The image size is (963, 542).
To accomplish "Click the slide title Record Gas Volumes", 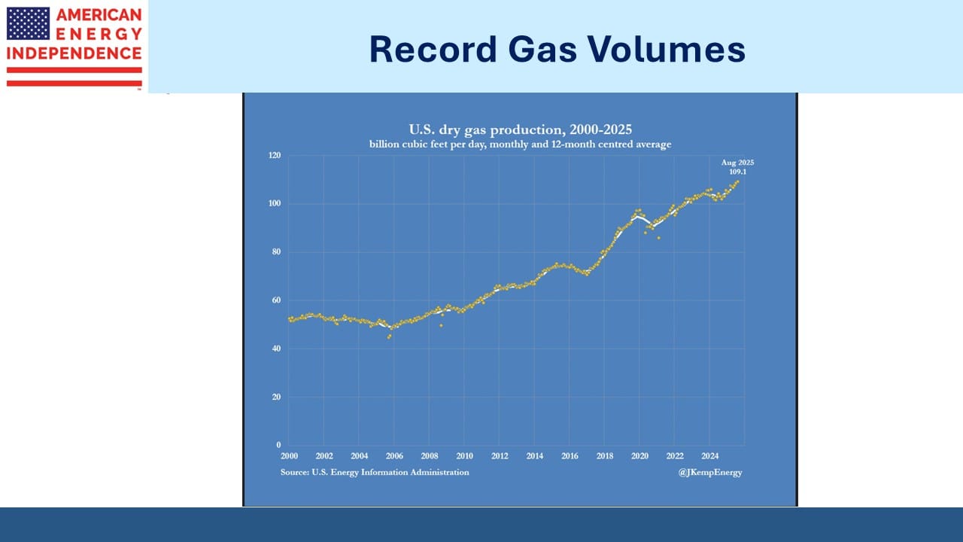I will coord(557,50).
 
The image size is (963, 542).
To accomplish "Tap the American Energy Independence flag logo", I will coord(29,23).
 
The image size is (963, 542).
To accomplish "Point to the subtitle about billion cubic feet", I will coord(520,144).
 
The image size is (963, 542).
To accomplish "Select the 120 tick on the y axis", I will coord(274,156).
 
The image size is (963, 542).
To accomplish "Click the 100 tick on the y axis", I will coord(274,204).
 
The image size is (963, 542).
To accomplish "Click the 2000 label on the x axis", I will coord(289,456).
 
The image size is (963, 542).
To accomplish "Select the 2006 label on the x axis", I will coord(394,456).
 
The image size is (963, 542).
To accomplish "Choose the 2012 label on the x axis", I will coord(500,456).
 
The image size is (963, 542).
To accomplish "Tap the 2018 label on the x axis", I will coord(604,456).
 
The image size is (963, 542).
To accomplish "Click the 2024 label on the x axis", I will coord(709,456).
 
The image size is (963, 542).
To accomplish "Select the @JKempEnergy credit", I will coord(710,472).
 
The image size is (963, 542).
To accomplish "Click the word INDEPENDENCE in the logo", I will coord(74,53).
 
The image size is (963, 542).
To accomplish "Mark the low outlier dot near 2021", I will coord(658,238).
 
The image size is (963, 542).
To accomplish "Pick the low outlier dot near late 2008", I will coord(441,325).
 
